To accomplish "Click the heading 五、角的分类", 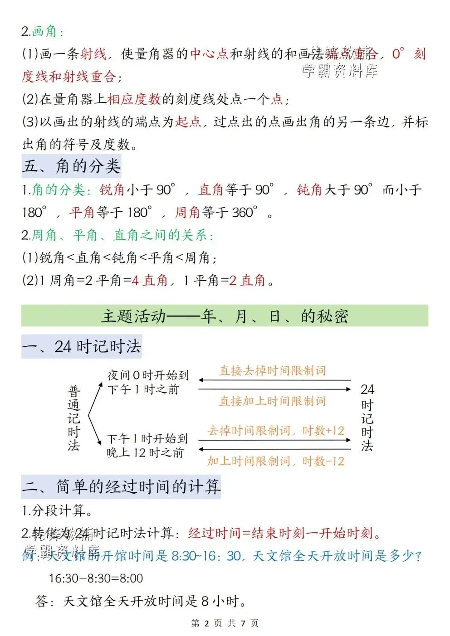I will pyautogui.click(x=71, y=166).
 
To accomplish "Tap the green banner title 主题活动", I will pyautogui.click(x=224, y=316).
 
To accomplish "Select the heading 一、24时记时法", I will pyautogui.click(x=82, y=347).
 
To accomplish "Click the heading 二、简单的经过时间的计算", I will pyautogui.click(x=121, y=486).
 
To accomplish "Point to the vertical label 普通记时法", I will pyautogui.click(x=74, y=418).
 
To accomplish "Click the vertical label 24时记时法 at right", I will pyautogui.click(x=367, y=418).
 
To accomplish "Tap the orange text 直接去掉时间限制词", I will pyautogui.click(x=273, y=371).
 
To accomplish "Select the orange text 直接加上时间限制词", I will pyautogui.click(x=273, y=401).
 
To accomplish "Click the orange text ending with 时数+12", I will pyautogui.click(x=276, y=431).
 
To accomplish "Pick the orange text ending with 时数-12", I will pyautogui.click(x=276, y=461).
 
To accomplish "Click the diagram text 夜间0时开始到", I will pyautogui.click(x=148, y=375).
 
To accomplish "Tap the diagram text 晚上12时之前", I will pyautogui.click(x=145, y=452).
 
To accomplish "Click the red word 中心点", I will pyautogui.click(x=209, y=54).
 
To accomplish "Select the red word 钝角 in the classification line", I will pyautogui.click(x=309, y=189).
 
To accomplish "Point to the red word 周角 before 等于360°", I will pyautogui.click(x=187, y=212).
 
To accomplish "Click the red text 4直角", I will pyautogui.click(x=150, y=281).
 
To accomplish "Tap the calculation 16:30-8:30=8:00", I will pyautogui.click(x=96, y=578).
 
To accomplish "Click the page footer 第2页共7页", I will pyautogui.click(x=225, y=623).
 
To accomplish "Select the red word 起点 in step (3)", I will pyautogui.click(x=188, y=121).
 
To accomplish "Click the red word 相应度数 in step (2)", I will pyautogui.click(x=134, y=99).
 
